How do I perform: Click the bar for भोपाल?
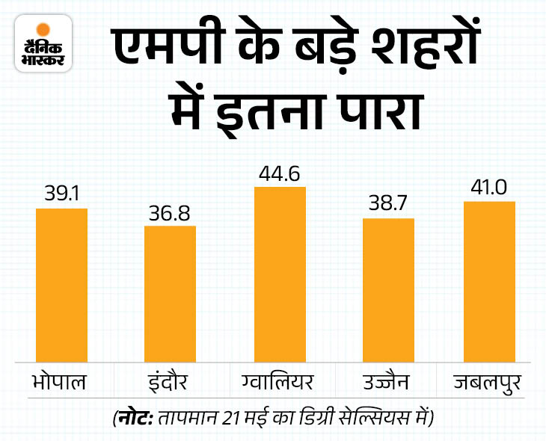62,286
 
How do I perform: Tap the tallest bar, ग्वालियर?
280,275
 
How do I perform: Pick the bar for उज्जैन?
388,291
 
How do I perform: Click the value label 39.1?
62,195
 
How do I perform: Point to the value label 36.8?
170,212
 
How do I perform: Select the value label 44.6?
280,173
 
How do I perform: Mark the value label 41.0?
490,188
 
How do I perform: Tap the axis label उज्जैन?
388,383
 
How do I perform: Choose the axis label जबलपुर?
490,383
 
